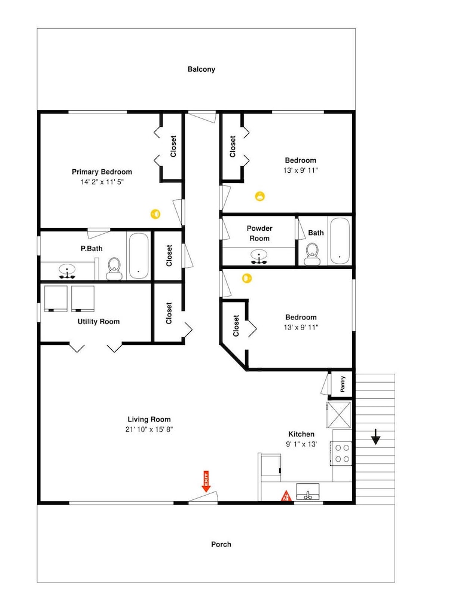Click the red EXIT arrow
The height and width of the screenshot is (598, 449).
tap(206, 481)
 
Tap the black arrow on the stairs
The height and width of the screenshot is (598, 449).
tap(376, 437)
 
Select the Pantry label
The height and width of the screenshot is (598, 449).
tap(342, 384)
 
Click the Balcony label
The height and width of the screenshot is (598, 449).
tap(201, 69)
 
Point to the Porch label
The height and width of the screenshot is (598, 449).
tap(221, 544)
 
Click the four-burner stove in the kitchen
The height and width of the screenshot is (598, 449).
tap(341, 453)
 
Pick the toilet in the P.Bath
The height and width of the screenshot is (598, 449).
tap(114, 269)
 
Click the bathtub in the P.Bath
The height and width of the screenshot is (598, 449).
tap(138, 255)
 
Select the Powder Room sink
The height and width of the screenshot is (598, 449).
tap(259, 257)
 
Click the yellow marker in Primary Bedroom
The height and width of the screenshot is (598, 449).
tap(155, 214)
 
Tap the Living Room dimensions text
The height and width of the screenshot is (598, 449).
tap(149, 429)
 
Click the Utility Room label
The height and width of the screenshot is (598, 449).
tap(99, 322)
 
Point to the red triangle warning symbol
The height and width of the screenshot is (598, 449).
tap(286, 496)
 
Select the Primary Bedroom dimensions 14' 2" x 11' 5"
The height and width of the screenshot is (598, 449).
tap(102, 182)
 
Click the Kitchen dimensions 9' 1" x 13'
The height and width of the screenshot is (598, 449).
tap(301, 444)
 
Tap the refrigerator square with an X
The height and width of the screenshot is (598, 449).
tap(339, 414)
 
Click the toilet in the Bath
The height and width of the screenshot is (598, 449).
tap(312, 254)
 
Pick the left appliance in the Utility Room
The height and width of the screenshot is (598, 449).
tap(56, 298)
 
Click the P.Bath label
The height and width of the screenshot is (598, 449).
tap(91, 249)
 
